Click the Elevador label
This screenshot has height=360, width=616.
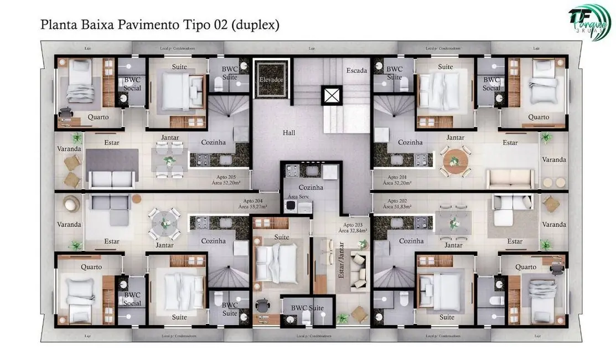click(271, 80)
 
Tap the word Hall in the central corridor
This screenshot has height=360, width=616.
click(289, 133)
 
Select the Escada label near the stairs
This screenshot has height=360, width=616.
click(356, 71)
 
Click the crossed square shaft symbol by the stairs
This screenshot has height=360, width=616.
click(333, 95)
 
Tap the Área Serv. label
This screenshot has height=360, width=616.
click(297, 197)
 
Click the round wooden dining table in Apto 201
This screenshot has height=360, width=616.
click(454, 161)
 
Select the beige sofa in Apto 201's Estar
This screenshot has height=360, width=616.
click(510, 179)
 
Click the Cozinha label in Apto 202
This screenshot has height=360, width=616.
click(411, 241)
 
